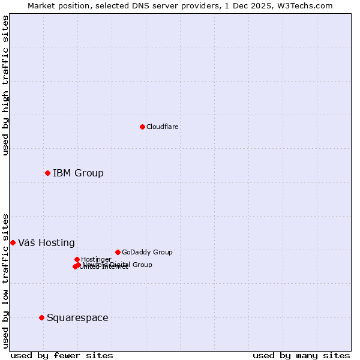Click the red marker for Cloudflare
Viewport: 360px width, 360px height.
[x=142, y=127]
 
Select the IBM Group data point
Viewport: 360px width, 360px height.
[x=47, y=173]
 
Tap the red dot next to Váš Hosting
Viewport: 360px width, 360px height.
[x=13, y=242]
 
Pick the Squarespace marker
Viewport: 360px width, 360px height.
[x=41, y=317]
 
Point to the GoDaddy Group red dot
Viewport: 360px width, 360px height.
[x=118, y=252]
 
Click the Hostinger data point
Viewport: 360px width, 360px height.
[x=77, y=259]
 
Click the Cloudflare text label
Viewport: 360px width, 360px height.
[x=163, y=127]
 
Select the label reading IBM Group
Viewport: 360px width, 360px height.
[x=78, y=173]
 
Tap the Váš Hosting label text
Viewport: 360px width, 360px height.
[x=46, y=243]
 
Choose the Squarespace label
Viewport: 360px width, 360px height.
[x=77, y=318]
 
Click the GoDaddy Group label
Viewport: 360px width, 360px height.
[x=147, y=252]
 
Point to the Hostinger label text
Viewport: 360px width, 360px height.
[x=96, y=259]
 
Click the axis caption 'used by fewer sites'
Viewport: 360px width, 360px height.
[x=62, y=355]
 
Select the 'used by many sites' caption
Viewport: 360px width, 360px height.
[x=301, y=355]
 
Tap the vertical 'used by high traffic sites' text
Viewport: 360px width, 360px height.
[x=6, y=85]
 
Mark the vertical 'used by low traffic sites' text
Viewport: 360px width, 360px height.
[x=6, y=280]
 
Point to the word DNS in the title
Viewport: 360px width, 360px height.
[x=149, y=5]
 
